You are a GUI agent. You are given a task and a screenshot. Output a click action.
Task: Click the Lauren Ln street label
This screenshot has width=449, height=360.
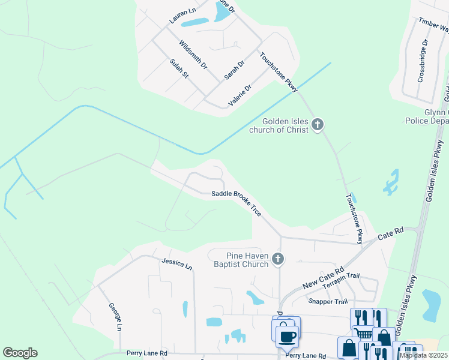tap(182, 16)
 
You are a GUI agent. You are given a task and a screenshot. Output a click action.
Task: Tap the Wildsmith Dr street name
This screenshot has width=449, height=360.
tap(193, 53)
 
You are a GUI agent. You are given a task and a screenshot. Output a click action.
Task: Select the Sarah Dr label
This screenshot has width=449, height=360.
tap(234, 70)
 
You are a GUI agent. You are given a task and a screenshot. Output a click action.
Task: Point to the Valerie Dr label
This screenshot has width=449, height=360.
tap(240, 95)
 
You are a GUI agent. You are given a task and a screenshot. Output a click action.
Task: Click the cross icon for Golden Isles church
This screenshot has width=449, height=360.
tap(318, 125)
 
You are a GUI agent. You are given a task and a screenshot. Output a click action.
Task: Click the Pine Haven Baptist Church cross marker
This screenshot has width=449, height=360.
tap(277, 259)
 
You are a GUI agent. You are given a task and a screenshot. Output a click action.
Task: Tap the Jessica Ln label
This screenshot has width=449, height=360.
tap(176, 263)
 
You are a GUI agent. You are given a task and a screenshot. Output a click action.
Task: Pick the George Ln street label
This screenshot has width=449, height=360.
tap(115, 317)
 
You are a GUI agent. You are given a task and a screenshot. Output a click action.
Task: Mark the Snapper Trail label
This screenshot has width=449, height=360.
tap(327, 301)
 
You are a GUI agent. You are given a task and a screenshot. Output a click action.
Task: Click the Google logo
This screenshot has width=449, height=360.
tap(20, 353)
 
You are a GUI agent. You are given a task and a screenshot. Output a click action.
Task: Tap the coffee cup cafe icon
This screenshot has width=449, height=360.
tap(288, 335)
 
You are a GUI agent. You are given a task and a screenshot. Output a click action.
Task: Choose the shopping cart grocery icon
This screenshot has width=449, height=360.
tap(363, 333)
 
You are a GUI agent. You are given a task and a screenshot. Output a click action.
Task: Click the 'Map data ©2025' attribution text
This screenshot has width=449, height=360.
tap(423, 355)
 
